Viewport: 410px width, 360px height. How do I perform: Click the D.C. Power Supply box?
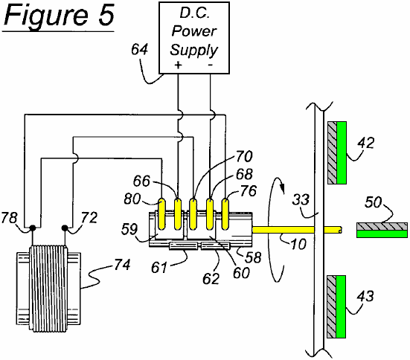coord(194,38)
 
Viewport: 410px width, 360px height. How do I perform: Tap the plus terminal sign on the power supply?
coord(178,65)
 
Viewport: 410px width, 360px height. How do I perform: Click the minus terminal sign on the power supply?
coord(211,65)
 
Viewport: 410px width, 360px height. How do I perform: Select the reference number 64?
coord(139,49)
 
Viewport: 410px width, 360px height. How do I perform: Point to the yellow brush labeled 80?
coord(162,214)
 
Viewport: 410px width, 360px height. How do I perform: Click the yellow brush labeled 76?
coord(225,214)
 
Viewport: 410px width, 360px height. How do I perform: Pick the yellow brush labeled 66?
coord(178,214)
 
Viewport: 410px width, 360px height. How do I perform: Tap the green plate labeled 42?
coord(342,152)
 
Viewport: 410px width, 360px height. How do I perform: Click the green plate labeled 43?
coord(341,306)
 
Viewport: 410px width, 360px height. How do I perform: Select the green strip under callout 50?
coord(382,234)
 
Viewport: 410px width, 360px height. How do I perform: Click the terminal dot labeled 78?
coord(33,228)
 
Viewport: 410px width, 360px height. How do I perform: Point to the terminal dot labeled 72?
coord(65,228)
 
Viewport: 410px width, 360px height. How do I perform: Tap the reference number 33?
coord(301,199)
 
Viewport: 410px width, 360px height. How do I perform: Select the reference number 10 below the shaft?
coord(298,244)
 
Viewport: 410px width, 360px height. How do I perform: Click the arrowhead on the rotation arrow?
coord(282,187)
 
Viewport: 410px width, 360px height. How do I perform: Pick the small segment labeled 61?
coord(183,245)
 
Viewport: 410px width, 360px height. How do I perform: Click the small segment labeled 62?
coord(216,245)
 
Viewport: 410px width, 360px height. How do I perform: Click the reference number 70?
coord(244,156)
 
